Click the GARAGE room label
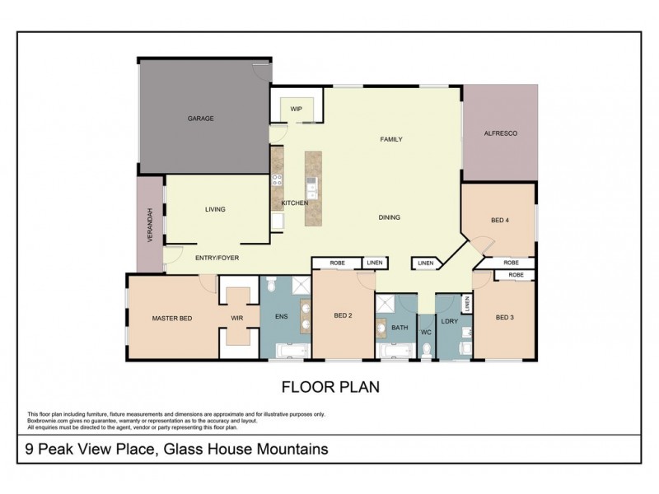(x=200, y=119)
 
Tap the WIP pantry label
(x=296, y=108)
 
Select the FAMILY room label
(x=390, y=139)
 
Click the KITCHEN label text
(x=294, y=203)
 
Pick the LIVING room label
(x=215, y=209)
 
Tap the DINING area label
(x=389, y=217)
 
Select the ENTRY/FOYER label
(x=217, y=258)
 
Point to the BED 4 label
(x=500, y=220)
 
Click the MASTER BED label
(x=171, y=318)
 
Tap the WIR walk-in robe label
(x=236, y=318)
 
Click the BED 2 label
(x=344, y=315)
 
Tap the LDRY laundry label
(x=449, y=321)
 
